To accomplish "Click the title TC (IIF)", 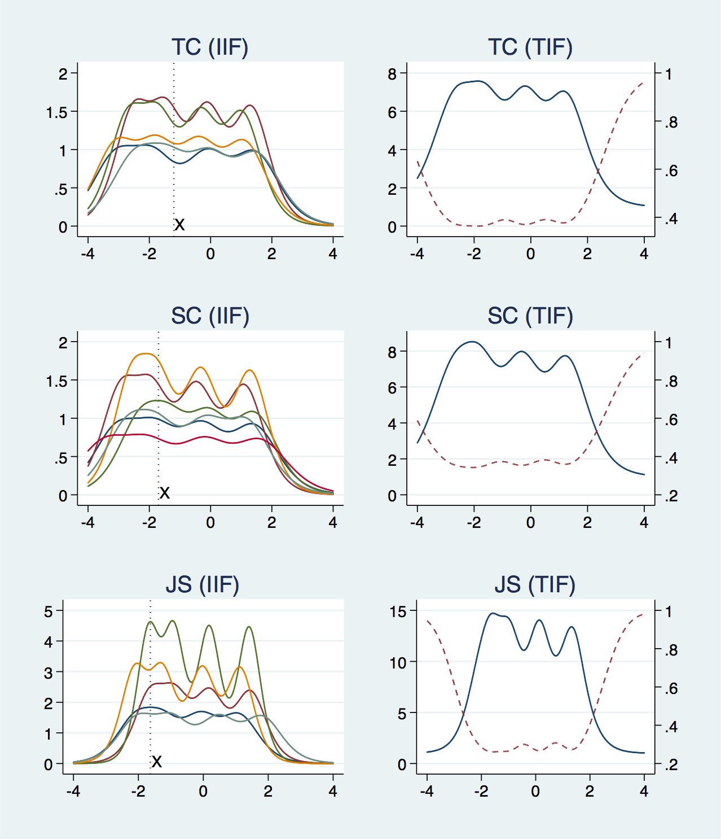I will (210, 47).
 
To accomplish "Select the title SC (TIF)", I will (530, 316).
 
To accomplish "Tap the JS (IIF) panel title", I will (203, 584).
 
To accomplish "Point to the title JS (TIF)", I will (535, 584).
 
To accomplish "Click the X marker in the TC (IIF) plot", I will (179, 225).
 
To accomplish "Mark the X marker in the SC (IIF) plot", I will (164, 493).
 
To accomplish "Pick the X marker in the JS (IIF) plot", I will (157, 762).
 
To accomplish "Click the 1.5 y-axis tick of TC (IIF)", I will (56, 112).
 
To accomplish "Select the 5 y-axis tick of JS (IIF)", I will (49, 611).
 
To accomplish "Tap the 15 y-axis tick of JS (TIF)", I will (398, 611).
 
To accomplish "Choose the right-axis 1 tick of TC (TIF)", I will (669, 74).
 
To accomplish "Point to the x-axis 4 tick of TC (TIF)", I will (644, 254).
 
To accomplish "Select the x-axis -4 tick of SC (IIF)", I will (87, 523).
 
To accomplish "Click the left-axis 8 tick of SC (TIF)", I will (393, 352).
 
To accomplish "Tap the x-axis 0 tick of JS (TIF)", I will (535, 792).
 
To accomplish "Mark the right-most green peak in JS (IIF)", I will (249, 627).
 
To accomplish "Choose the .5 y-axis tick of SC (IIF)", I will (60, 458).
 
